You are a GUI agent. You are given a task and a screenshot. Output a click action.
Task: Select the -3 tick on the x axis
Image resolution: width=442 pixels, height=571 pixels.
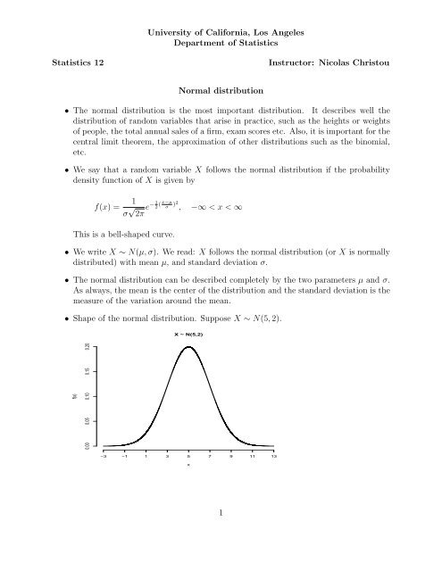tap(104, 454)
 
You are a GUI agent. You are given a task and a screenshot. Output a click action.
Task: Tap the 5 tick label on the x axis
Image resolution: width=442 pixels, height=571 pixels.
tap(189, 455)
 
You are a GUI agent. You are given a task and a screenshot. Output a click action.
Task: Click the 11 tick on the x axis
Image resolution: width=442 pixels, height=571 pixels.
tap(254, 454)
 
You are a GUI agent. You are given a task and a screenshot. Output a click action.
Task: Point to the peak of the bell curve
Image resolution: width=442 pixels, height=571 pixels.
tap(189, 348)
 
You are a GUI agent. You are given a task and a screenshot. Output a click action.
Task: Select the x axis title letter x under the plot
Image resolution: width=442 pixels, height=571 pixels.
tap(189, 465)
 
